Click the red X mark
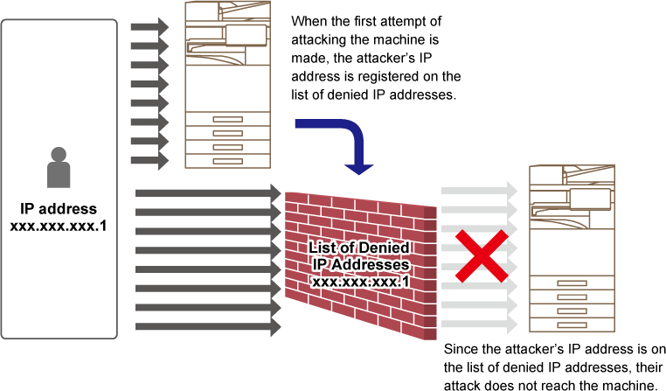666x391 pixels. [x=482, y=255]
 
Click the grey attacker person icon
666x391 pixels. [x=59, y=167]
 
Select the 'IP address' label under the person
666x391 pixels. [x=59, y=209]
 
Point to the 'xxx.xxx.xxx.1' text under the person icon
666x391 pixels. [x=59, y=226]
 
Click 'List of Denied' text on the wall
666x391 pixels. [x=359, y=248]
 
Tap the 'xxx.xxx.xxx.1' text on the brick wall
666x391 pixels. [x=361, y=282]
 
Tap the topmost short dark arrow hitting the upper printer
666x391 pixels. [x=150, y=27]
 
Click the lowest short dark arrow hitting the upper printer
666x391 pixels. [x=150, y=161]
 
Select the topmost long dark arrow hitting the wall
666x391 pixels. [x=209, y=193]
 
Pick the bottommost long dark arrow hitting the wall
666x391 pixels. [x=209, y=327]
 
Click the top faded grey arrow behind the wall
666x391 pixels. [x=480, y=191]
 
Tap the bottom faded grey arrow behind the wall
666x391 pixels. [x=480, y=325]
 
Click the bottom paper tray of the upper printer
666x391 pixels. [x=227, y=161]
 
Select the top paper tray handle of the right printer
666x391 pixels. [x=572, y=283]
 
